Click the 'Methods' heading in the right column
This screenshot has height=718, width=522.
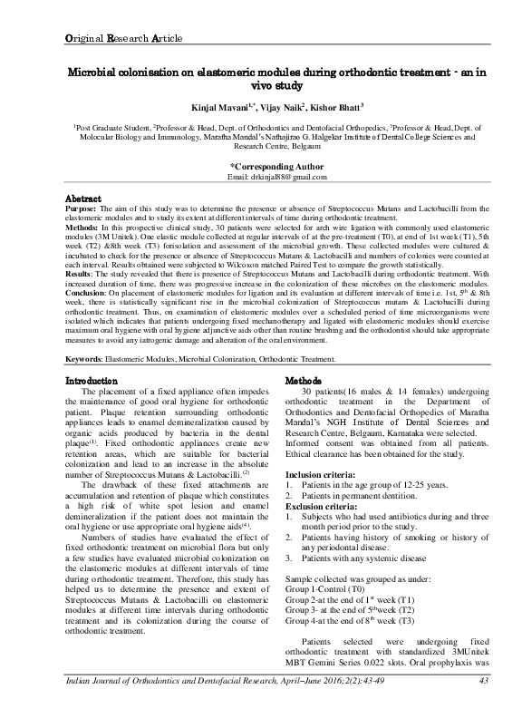(x=304, y=406)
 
